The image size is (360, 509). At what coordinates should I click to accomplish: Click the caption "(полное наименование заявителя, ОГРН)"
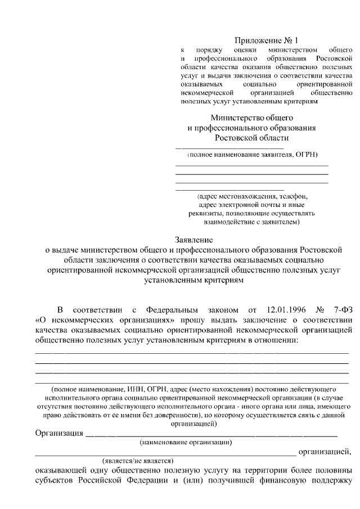coord(252,154)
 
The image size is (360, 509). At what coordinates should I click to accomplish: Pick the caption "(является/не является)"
coord(138,460)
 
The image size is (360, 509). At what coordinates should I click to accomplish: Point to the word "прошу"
coord(177,320)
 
